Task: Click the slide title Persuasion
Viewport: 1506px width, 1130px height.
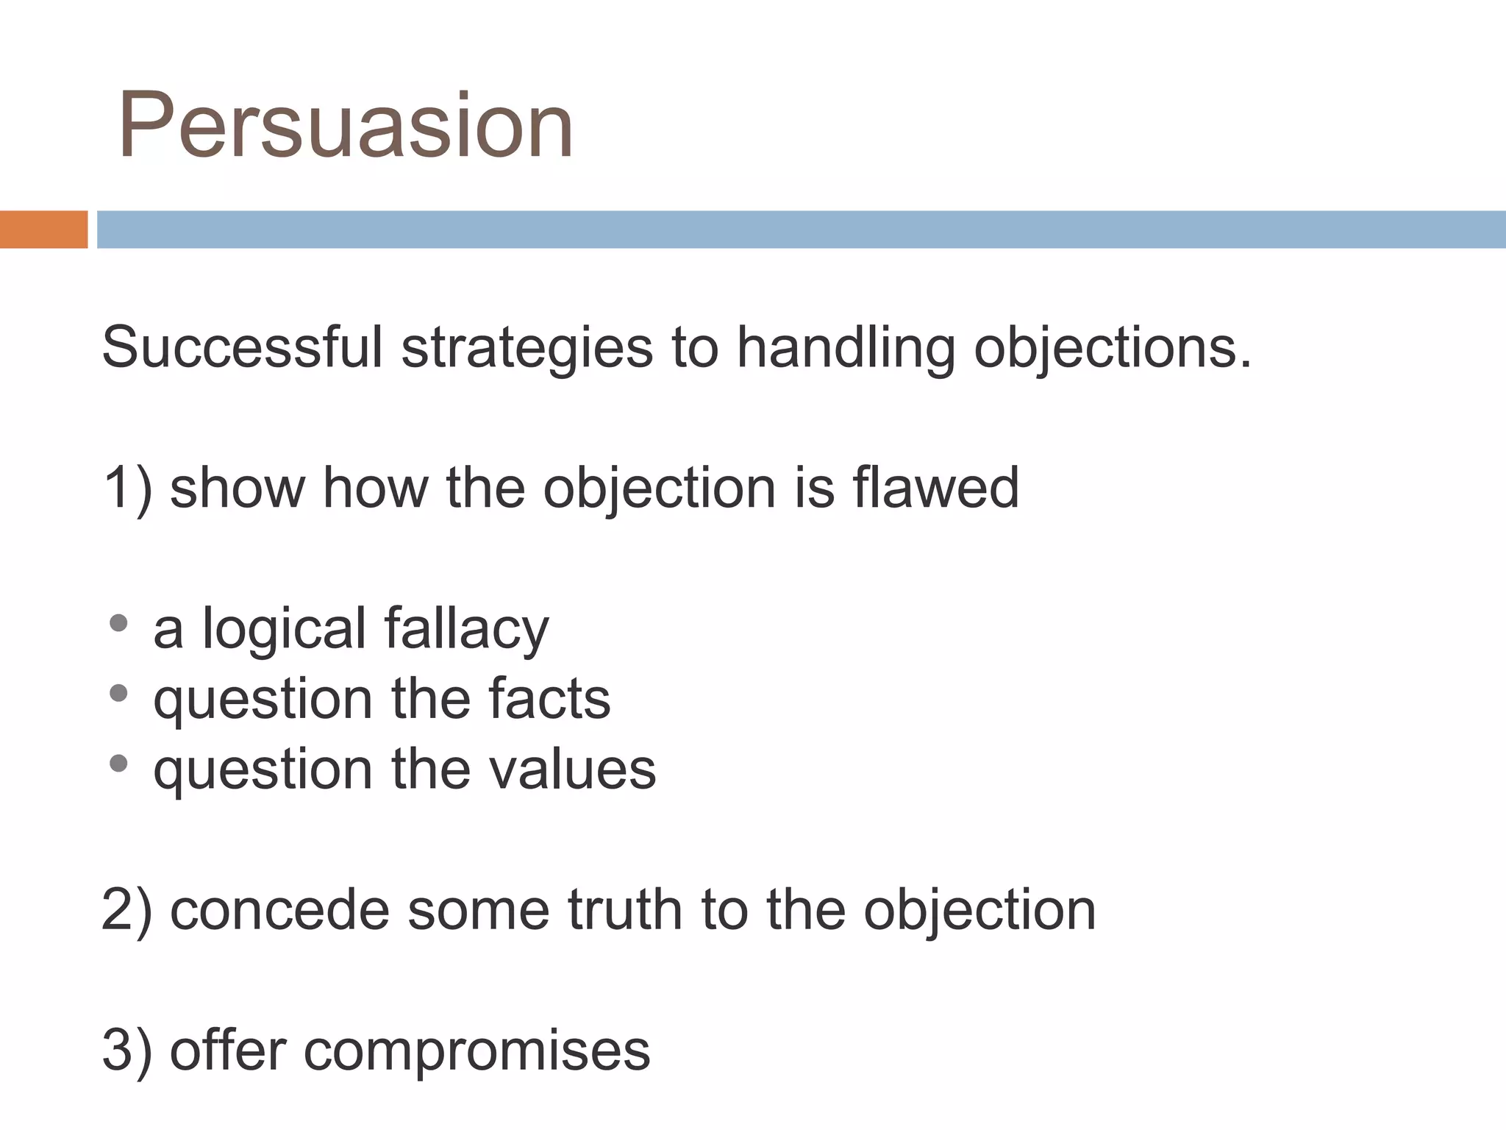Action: [x=346, y=125]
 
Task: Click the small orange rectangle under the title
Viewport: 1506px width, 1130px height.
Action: [x=43, y=230]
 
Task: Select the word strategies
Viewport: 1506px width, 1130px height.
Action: [x=527, y=349]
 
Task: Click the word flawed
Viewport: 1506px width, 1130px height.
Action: [x=935, y=488]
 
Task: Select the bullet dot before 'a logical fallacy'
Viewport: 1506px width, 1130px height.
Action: [x=118, y=624]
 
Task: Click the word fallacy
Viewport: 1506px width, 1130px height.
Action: [x=466, y=630]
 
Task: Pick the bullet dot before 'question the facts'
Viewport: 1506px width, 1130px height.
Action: [x=118, y=693]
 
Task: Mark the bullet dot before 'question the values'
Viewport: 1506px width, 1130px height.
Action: [x=118, y=764]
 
